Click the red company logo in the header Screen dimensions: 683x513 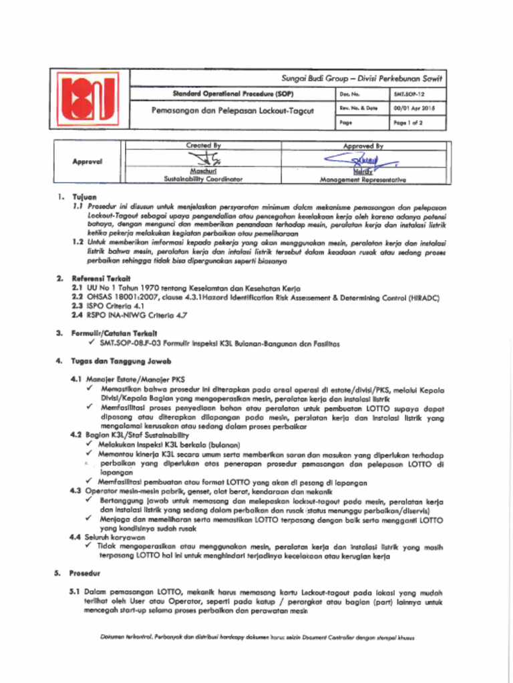tap(89, 100)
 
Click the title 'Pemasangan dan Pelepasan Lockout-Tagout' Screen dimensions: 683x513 tap(232, 110)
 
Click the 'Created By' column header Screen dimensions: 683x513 tap(203, 145)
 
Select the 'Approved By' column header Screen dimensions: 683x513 tap(363, 145)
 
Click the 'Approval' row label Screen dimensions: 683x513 tap(88, 161)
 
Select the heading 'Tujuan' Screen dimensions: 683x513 tap(84, 197)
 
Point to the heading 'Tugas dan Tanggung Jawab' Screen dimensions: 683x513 tap(116, 360)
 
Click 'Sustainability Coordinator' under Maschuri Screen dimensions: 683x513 tap(203, 179)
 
